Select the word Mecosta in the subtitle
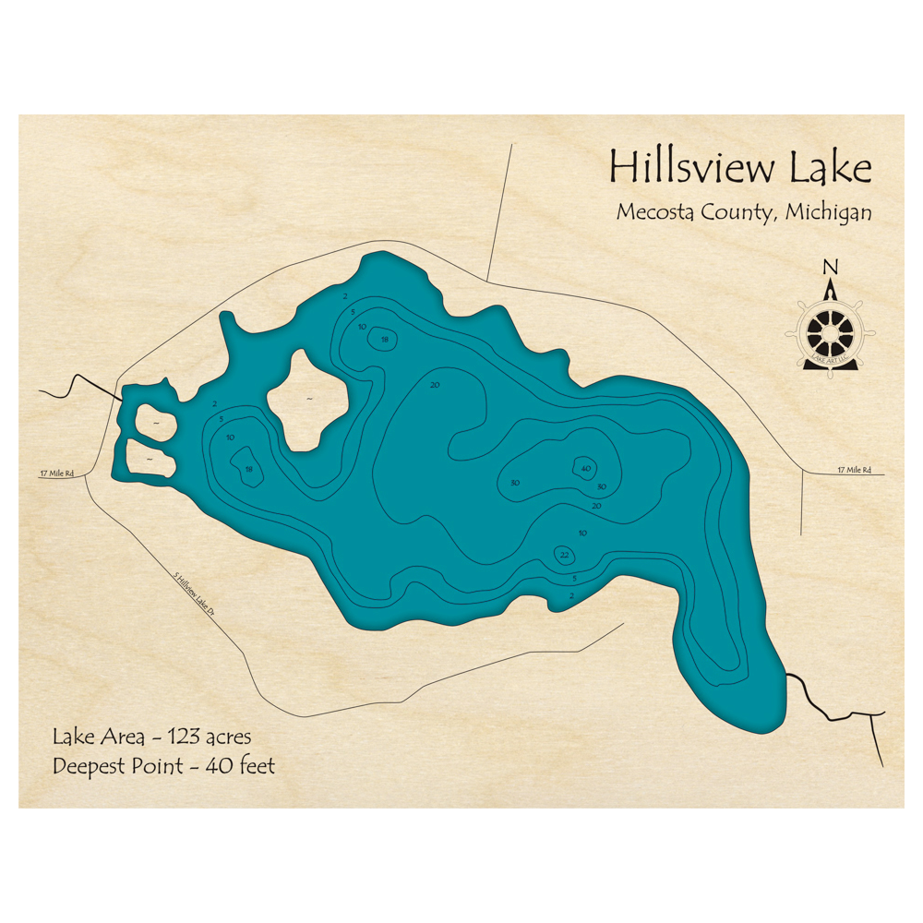tap(650, 212)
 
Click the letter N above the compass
tap(831, 268)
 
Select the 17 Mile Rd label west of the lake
tap(56, 474)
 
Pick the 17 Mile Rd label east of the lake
tap(854, 470)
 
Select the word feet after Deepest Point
tap(256, 766)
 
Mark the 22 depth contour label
tap(564, 555)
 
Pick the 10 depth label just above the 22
tap(581, 533)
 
